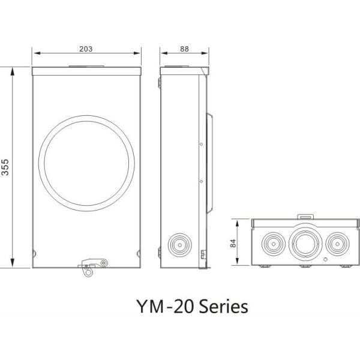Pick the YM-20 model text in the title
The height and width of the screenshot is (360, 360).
pos(154,307)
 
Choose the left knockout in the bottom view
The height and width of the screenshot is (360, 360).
pos(273,242)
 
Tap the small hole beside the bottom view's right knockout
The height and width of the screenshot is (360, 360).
pos(326,259)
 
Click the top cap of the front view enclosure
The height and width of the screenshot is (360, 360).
pos(87,70)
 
